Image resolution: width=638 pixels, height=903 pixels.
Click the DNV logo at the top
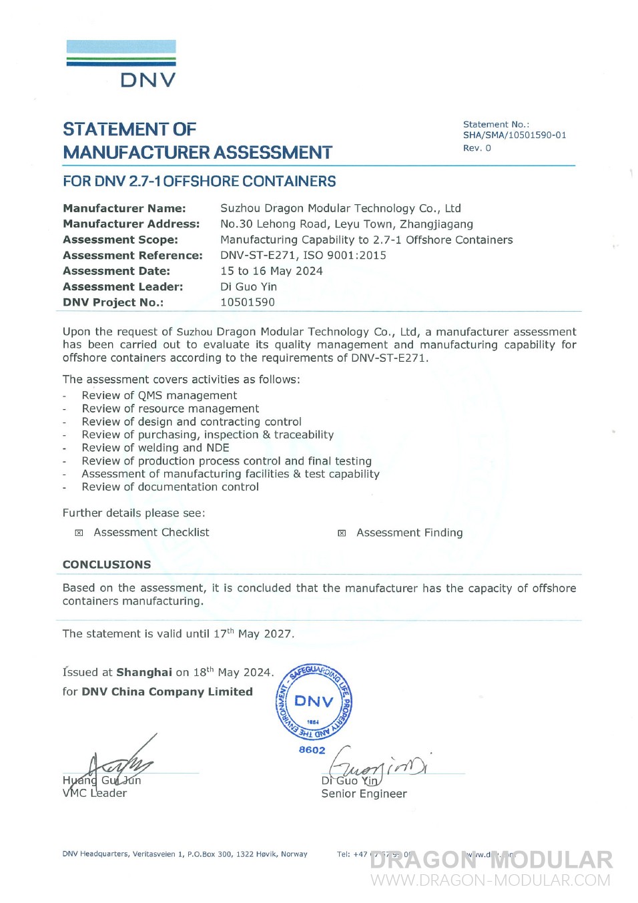[x=121, y=64]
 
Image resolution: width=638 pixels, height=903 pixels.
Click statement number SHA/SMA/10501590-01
[x=515, y=135]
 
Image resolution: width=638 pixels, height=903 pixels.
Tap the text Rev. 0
[x=476, y=148]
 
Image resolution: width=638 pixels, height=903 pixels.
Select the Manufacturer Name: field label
[x=124, y=208]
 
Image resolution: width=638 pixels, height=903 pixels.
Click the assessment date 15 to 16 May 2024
[x=271, y=271]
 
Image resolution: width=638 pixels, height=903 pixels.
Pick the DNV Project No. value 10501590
[x=247, y=302]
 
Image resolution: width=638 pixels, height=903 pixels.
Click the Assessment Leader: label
[x=123, y=287]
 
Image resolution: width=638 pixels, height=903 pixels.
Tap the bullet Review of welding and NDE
[x=155, y=448]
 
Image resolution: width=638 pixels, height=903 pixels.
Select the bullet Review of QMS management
[x=159, y=396]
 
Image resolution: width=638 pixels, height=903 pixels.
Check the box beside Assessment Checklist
[x=79, y=533]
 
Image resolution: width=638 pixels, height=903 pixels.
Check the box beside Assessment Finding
[x=342, y=533]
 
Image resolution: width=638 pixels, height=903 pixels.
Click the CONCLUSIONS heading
[x=107, y=565]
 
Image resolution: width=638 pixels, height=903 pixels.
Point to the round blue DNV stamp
[x=314, y=701]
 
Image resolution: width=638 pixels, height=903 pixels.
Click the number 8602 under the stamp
[x=312, y=750]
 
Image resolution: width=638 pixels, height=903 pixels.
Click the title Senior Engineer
[x=364, y=794]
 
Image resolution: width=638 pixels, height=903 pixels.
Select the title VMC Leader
[x=94, y=793]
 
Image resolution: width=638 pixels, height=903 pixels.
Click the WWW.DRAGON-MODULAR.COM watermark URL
[x=491, y=880]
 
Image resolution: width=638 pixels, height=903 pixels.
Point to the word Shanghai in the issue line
[x=144, y=673]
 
